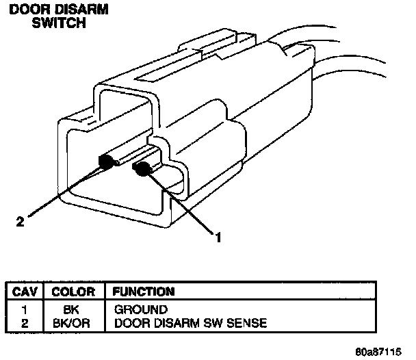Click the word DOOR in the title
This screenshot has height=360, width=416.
(x=26, y=11)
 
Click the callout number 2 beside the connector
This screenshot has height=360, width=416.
(x=20, y=221)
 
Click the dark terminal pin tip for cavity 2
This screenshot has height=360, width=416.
(x=106, y=162)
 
